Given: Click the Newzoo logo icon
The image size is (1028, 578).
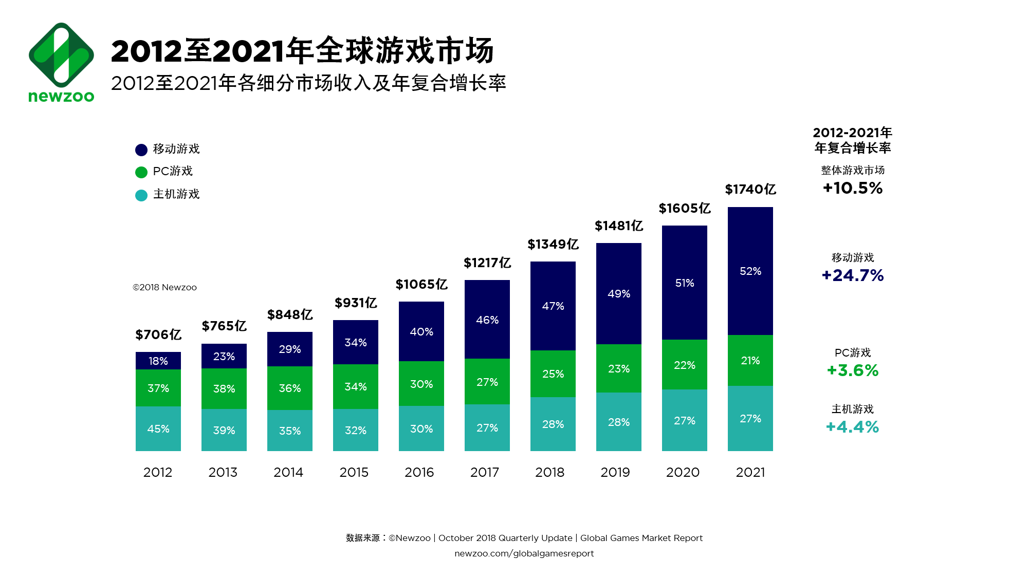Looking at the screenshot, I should (61, 55).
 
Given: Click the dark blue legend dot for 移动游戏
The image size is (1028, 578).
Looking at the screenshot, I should (141, 150).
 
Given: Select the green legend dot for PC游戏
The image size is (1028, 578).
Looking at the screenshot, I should (141, 172).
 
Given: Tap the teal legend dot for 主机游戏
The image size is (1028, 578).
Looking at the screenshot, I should (141, 195).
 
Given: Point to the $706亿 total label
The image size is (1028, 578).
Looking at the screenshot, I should (158, 334).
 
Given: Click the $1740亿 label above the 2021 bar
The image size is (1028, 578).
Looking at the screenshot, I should (750, 190).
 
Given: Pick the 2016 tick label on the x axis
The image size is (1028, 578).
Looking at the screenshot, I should (419, 472).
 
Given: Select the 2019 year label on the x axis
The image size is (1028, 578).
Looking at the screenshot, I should (615, 472).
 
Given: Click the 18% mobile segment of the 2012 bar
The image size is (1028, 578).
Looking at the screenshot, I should (158, 361).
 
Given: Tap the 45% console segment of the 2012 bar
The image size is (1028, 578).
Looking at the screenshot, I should (158, 428).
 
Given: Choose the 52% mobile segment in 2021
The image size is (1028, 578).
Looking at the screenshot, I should (750, 271).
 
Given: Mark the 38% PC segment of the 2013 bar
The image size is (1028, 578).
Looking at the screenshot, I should (224, 388).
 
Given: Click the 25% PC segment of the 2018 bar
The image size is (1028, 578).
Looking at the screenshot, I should (553, 374).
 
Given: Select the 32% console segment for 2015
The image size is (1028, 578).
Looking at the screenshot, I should (356, 430).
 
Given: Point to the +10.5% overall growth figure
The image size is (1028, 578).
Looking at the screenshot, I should (853, 188).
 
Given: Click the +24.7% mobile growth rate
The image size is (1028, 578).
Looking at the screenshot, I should (853, 275).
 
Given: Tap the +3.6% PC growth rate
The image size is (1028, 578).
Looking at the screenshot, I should (853, 370).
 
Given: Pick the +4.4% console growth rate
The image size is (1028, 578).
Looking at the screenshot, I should (853, 427).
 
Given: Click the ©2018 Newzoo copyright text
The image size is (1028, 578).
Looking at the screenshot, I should (164, 287).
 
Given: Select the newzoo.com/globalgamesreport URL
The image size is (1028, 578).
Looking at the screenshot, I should (524, 553).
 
